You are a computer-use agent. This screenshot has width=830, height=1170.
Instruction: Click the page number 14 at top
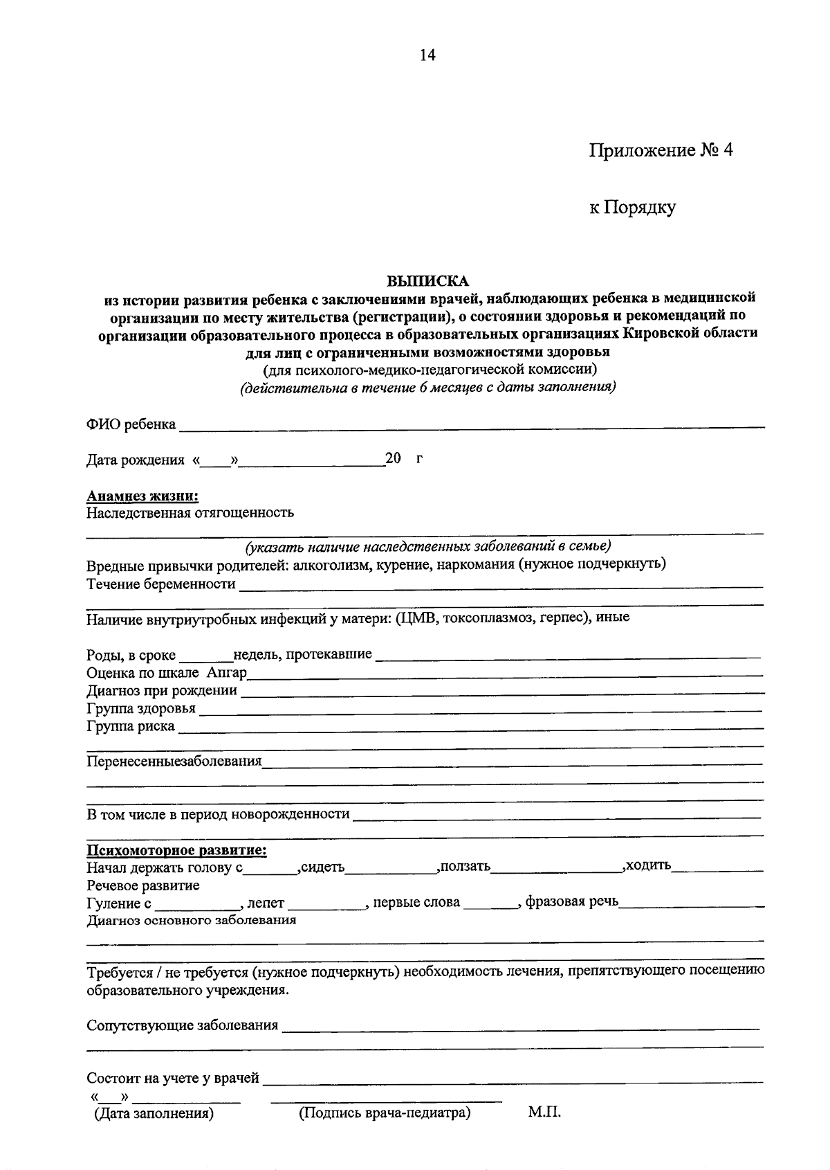point(427,55)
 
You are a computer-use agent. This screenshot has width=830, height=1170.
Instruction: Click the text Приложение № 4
point(660,150)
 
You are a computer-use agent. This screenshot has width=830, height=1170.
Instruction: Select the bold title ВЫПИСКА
point(427,281)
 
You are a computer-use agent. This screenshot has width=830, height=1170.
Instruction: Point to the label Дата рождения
point(135,460)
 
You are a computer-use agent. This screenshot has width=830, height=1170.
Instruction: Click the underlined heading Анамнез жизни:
point(142,496)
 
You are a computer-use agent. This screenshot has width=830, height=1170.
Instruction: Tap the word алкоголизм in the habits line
point(332,564)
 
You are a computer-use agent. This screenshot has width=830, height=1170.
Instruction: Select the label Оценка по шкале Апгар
point(167,673)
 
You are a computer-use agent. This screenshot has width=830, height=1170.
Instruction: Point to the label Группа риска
point(130,727)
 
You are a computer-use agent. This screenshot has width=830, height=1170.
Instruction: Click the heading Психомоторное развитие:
point(176,850)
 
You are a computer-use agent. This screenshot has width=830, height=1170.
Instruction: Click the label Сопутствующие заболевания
point(182,1025)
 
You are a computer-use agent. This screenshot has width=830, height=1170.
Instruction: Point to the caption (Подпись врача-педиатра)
point(385,1113)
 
